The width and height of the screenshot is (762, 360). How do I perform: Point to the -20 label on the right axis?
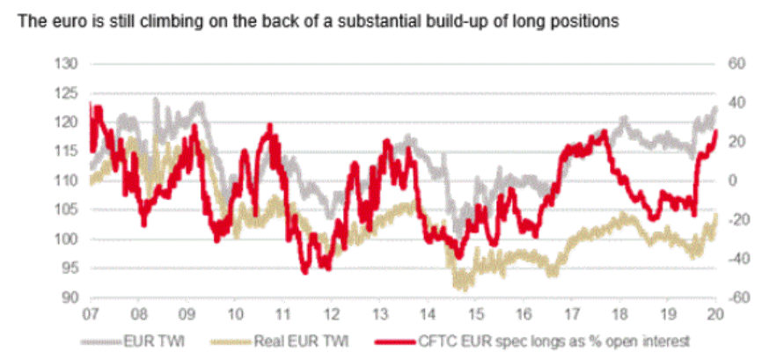point(734,220)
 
